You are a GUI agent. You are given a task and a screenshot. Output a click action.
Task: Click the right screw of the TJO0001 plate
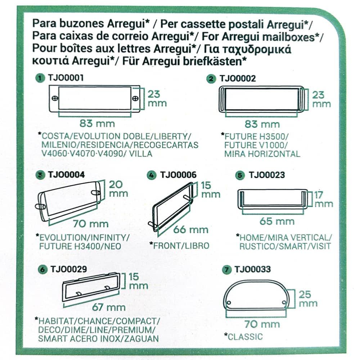[135, 98]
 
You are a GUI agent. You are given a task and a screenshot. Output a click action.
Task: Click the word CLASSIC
[246, 337]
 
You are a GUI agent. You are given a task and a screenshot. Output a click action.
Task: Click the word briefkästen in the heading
[216, 61]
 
